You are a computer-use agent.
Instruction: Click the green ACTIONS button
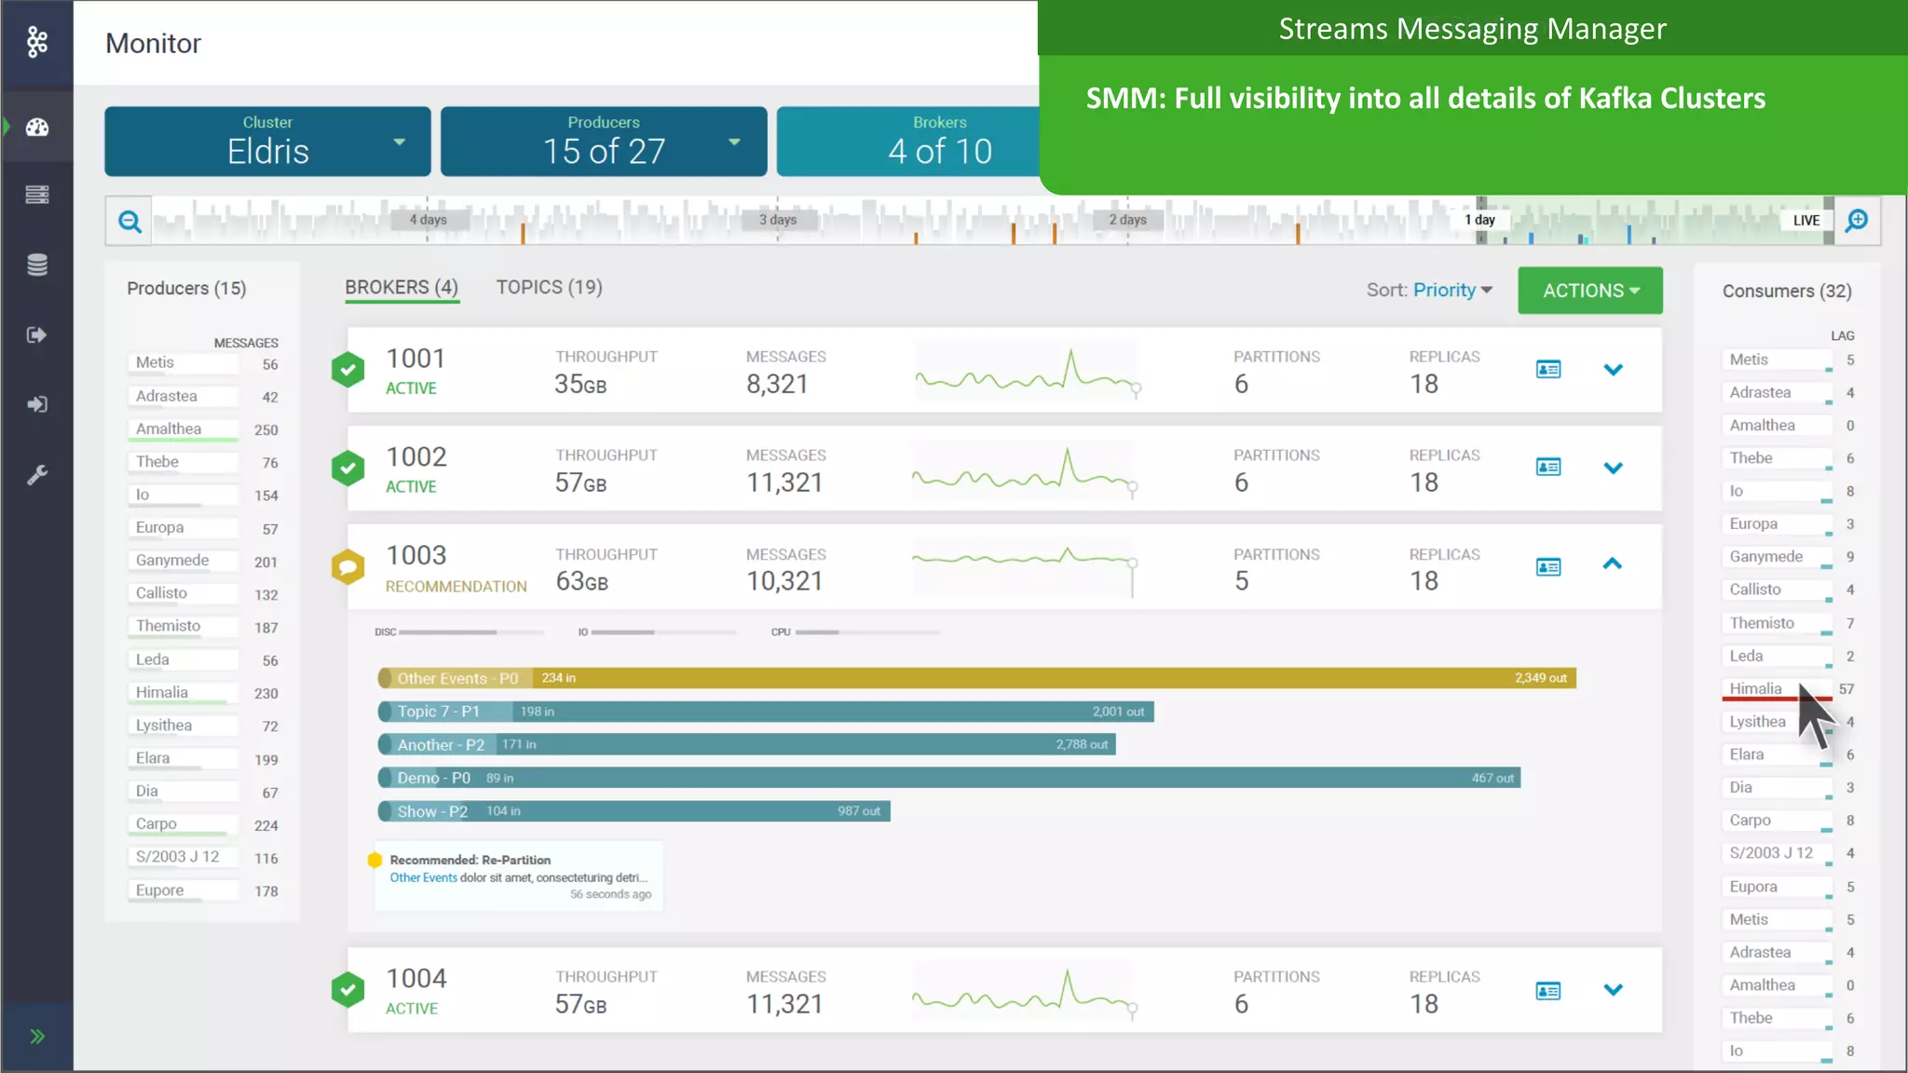coord(1589,291)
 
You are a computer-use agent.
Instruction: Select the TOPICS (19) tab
coord(549,288)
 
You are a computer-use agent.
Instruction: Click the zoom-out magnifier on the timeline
coord(129,221)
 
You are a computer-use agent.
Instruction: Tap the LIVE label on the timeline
coord(1806,221)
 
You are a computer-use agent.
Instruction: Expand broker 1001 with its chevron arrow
coord(1613,370)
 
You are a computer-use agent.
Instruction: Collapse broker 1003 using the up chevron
coord(1613,564)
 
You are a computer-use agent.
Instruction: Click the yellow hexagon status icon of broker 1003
coord(348,566)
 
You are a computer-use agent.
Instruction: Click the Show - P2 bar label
coord(432,811)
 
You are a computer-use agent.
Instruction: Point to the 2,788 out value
coord(1082,745)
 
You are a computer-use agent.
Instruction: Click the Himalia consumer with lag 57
coord(1756,689)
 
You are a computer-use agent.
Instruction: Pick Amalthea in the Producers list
coord(169,429)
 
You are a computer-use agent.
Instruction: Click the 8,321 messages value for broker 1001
coord(777,385)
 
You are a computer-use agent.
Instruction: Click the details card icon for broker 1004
coord(1548,991)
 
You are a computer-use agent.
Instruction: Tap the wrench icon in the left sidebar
coord(37,475)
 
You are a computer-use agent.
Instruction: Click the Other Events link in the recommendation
coord(423,877)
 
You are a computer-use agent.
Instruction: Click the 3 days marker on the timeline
coord(778,220)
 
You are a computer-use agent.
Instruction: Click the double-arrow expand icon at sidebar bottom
coord(37,1037)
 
